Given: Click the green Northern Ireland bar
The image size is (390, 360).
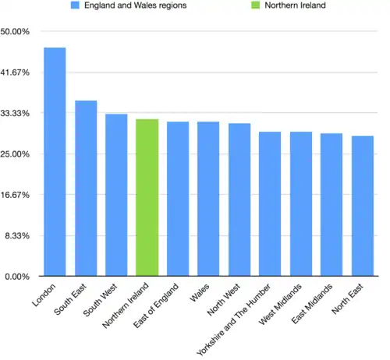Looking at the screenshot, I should (x=147, y=198).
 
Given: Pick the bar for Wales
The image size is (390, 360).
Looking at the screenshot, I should (x=208, y=199).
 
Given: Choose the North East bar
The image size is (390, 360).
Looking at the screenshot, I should (x=362, y=206).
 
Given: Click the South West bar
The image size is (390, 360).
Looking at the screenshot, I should (x=116, y=195).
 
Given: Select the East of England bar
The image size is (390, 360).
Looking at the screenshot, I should (x=178, y=199).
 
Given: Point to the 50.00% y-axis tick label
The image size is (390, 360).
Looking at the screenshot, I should (x=16, y=32).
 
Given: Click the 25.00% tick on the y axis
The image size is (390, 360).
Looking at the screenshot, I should (x=16, y=154).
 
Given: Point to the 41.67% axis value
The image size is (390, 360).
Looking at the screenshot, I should (x=16, y=72).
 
